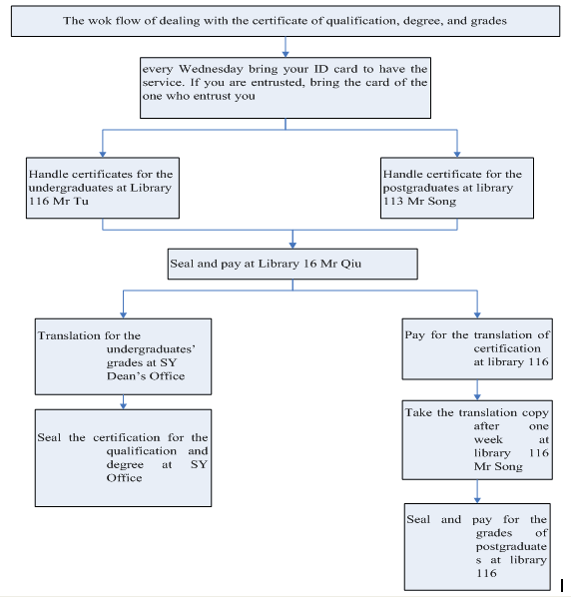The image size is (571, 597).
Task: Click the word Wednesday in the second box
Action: [211, 69]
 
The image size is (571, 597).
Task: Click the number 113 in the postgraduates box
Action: [393, 201]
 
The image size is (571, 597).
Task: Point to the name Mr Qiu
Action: [340, 264]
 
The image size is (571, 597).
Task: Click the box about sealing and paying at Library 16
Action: [292, 264]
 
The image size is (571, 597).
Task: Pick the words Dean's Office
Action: [146, 376]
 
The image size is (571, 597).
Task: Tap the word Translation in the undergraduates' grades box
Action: [69, 335]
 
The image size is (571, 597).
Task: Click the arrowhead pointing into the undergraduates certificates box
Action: [103, 154]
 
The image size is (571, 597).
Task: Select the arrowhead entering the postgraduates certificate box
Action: [457, 154]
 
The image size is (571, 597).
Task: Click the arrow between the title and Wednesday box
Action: [285, 47]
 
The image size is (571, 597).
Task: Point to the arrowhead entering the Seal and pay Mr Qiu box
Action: [292, 246]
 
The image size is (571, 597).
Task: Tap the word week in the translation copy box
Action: [488, 439]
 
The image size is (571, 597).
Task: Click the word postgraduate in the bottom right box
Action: [511, 547]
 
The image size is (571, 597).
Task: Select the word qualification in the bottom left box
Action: [141, 451]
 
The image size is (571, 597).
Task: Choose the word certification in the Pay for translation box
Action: [507, 348]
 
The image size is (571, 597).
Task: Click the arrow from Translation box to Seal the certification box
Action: [123, 402]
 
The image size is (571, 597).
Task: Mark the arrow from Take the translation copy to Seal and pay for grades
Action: [477, 491]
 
